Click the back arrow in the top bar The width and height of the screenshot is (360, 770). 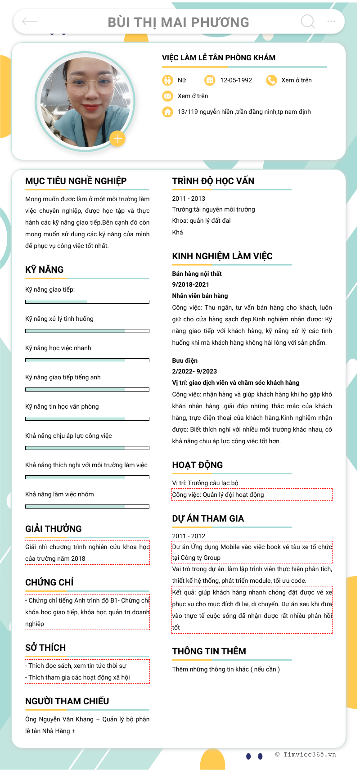coord(30,21)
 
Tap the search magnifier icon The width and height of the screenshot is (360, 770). coord(308,21)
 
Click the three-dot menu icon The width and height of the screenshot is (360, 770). coord(331,21)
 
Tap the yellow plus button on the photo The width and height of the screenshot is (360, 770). coord(117,139)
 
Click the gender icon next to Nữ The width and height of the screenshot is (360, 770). coord(167,80)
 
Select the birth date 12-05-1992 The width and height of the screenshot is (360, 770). coord(236,80)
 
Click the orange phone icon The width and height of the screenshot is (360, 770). coord(271,80)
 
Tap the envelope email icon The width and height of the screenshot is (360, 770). coord(167,96)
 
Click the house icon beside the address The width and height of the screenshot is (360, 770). coord(167,112)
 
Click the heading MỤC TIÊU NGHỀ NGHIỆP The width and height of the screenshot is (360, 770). coord(76,181)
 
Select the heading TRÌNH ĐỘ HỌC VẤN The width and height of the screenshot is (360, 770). coord(213,181)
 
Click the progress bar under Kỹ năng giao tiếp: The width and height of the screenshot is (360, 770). coord(87,302)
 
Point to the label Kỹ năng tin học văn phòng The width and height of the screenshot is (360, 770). coord(62,406)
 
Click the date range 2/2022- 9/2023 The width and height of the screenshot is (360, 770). coord(194,371)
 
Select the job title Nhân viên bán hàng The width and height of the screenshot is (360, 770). coord(200,296)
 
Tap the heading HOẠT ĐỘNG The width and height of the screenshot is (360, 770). coord(197,465)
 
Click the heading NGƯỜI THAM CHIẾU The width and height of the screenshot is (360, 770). coord(67,701)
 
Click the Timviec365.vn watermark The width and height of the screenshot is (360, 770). coord(306,755)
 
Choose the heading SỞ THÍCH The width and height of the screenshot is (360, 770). coord(45,648)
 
